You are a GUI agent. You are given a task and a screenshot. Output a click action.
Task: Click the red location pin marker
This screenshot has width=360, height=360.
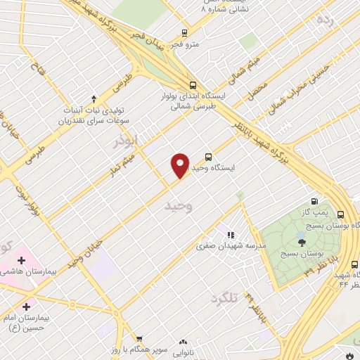coord(180,165)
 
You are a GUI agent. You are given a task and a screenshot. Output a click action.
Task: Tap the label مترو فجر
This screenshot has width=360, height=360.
coord(188,44)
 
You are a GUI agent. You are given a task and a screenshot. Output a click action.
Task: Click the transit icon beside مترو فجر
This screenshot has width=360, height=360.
coord(184,32)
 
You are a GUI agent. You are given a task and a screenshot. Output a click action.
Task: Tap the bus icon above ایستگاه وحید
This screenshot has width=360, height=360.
coord(207,157)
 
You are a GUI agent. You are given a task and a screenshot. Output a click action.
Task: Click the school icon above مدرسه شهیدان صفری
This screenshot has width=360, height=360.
coord(229,235)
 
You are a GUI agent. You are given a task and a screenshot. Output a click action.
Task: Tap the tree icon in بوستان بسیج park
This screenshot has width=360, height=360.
coord(302,243)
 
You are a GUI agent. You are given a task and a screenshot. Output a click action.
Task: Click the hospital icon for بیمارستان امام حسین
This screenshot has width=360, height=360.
coord(27,307)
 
